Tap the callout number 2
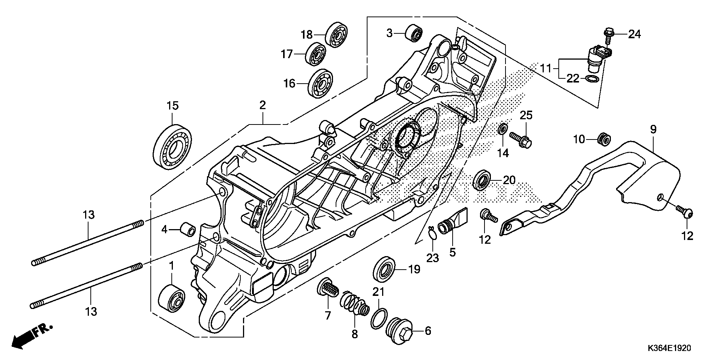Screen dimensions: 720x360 (x=262, y=105)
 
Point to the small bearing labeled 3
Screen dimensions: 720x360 (x=414, y=33)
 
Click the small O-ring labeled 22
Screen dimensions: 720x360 (x=591, y=79)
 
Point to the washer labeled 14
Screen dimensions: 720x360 (x=503, y=129)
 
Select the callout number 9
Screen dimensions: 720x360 (x=653, y=130)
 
